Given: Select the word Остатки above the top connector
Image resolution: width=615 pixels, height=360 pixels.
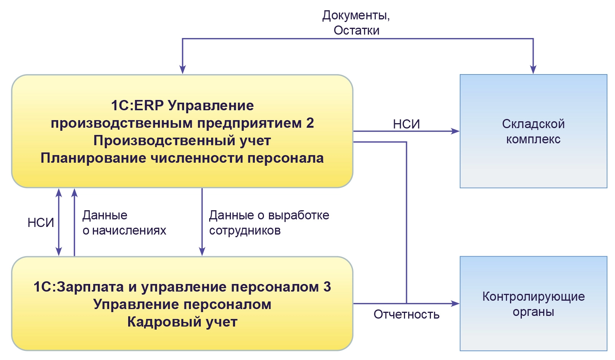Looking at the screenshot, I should click(356, 30).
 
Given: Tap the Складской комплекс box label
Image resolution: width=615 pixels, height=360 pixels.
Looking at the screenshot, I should click(533, 132).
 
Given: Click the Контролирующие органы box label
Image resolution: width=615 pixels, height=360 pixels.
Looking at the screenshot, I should click(533, 304).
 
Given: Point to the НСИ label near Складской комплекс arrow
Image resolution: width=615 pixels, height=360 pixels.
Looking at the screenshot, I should click(406, 124).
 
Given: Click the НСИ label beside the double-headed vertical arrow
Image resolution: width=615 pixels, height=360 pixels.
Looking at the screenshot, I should click(41, 223).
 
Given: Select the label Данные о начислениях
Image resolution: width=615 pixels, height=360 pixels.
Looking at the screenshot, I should click(124, 223).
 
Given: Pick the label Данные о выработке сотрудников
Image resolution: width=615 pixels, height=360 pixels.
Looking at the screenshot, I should click(269, 223).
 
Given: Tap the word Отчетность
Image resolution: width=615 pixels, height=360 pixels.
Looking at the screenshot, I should click(406, 314).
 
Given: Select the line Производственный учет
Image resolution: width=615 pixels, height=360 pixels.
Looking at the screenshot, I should click(182, 141).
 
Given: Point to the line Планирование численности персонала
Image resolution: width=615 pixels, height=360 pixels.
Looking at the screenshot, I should click(182, 158).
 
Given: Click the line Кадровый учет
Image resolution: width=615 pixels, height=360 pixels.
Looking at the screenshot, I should click(182, 322).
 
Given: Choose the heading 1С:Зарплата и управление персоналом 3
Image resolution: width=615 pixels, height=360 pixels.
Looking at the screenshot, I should click(182, 287).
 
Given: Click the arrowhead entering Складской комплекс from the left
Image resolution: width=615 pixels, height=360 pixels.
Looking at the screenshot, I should click(455, 131).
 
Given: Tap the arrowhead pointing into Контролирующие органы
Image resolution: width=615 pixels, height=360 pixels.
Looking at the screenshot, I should click(455, 303).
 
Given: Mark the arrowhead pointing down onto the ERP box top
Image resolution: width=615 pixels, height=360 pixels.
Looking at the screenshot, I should click(183, 69).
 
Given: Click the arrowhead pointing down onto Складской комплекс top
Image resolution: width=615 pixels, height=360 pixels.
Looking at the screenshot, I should click(533, 69).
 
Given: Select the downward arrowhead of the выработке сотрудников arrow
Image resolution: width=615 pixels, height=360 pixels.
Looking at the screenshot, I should click(202, 251).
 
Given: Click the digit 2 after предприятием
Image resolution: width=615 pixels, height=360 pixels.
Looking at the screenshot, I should click(310, 123).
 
